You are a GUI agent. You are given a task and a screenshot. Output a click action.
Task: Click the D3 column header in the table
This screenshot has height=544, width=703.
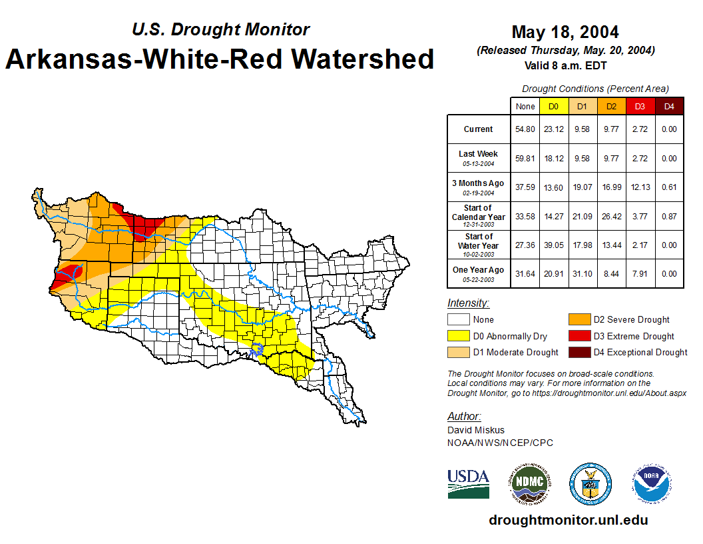tap(640, 106)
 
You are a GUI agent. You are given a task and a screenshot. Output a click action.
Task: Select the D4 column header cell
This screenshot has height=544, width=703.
tap(669, 106)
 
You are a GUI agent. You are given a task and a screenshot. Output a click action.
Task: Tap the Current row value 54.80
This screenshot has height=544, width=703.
tap(525, 129)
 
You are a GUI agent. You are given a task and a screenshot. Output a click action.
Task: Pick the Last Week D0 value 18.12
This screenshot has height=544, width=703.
tap(554, 158)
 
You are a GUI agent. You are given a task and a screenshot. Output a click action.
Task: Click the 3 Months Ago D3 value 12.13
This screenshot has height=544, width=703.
tap(640, 187)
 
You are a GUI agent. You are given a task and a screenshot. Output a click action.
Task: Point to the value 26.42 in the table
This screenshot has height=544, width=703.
tap(611, 216)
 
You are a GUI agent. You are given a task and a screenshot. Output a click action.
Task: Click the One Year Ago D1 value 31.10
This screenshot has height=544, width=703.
tap(583, 273)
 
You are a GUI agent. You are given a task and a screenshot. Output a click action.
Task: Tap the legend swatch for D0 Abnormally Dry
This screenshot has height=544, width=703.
tap(458, 336)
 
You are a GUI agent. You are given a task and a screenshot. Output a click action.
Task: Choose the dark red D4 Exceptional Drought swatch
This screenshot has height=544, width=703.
tap(579, 352)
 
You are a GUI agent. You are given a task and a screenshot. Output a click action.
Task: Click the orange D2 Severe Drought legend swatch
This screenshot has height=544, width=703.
tap(579, 320)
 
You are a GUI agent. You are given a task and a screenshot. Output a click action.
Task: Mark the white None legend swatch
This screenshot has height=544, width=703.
tap(458, 320)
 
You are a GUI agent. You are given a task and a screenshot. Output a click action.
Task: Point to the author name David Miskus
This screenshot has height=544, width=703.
tap(475, 430)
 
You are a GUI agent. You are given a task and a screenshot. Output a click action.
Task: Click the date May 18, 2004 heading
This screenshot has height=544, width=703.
tap(565, 31)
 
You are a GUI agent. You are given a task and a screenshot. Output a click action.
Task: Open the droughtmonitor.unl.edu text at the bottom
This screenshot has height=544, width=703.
tap(568, 520)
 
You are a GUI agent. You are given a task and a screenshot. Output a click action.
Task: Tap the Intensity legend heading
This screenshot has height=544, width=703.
tap(468, 303)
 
